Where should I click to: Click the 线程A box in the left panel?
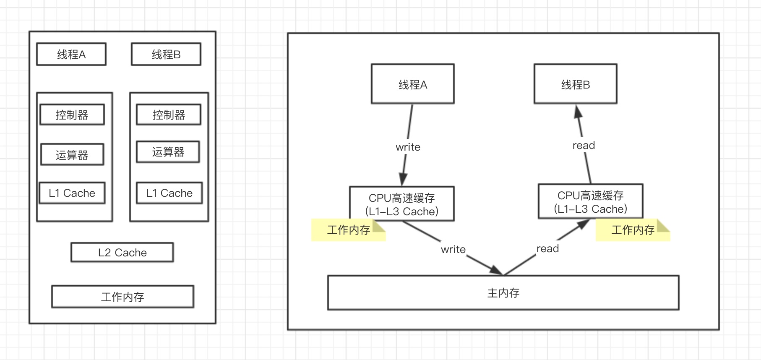[71, 54]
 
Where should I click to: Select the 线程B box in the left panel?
[166, 54]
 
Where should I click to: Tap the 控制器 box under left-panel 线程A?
[72, 115]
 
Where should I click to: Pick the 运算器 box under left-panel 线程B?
[168, 152]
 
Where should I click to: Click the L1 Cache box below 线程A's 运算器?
[72, 193]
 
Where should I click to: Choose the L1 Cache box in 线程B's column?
[169, 193]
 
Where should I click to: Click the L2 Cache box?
[122, 252]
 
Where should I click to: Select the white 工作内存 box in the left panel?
[122, 297]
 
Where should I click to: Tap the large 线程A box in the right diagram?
[413, 84]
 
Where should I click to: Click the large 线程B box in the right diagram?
[576, 84]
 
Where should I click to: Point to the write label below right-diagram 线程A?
[408, 147]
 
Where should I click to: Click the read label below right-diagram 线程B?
[584, 145]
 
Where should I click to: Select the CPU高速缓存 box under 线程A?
[402, 204]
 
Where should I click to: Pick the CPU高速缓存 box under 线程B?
[591, 201]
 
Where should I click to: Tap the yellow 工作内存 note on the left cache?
[348, 230]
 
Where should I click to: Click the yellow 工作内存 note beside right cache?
[633, 230]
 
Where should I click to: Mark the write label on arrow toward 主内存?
[453, 249]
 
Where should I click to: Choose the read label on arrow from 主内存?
[547, 248]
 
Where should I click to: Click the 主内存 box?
[503, 293]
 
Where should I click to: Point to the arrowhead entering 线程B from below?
[578, 111]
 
